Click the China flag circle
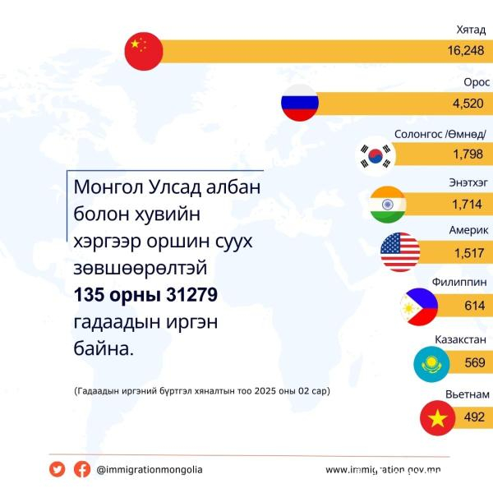coord(144,52)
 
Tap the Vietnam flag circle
coord(439,417)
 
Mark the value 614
coord(476,304)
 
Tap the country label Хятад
coord(471,30)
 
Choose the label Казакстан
coord(463,339)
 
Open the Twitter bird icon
coord(57,469)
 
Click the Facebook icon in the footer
coord(82,469)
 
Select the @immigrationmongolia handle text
coord(150,469)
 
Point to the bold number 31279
coord(189,295)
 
